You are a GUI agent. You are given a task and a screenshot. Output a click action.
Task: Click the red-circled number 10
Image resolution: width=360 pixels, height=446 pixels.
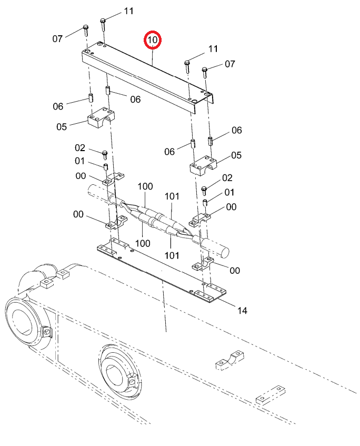(x=153, y=40)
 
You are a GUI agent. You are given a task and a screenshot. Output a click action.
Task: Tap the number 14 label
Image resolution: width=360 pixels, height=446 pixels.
(x=242, y=310)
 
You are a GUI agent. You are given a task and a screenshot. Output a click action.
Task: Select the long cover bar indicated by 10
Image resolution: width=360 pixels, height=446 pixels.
(x=147, y=77)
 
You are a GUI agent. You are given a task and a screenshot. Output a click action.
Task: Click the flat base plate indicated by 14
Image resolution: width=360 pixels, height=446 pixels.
(x=161, y=271)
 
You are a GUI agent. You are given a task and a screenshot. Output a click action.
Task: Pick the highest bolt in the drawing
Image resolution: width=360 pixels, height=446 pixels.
(x=103, y=24)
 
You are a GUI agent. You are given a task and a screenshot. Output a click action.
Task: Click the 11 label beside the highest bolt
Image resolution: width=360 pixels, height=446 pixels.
(x=128, y=11)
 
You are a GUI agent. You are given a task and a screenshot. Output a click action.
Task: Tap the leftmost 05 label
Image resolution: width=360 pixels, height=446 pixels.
(x=62, y=127)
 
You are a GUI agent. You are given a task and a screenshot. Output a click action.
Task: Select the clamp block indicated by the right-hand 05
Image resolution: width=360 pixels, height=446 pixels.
(x=203, y=165)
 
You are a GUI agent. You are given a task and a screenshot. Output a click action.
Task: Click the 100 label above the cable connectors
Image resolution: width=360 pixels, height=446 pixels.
(x=145, y=186)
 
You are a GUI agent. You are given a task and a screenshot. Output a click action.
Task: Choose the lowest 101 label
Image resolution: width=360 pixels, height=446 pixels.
(x=172, y=255)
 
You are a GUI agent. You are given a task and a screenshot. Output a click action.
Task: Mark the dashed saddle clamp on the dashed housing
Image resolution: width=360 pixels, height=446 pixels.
(x=231, y=360)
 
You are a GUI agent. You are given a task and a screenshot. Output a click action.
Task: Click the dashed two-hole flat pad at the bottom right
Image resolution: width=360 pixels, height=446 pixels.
(x=271, y=395)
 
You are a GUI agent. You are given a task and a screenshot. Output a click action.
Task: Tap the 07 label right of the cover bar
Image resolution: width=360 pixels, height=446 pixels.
(x=230, y=64)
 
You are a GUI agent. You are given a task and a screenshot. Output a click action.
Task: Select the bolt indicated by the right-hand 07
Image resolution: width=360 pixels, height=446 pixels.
(x=204, y=72)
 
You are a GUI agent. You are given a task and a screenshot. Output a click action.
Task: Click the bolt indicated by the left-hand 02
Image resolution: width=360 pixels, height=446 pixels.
(x=105, y=155)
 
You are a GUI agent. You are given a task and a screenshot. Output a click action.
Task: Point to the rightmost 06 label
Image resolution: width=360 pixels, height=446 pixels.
(x=237, y=130)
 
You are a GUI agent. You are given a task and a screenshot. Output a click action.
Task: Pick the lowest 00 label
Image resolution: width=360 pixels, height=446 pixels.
(x=235, y=270)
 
